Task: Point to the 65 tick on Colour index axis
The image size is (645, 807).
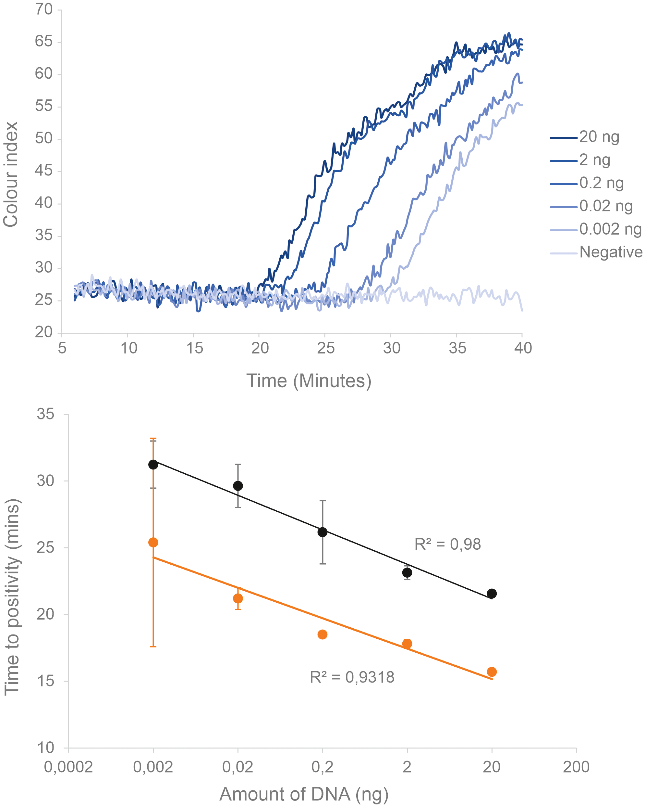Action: pyautogui.click(x=44, y=41)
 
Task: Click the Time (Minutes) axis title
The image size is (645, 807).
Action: pyautogui.click(x=309, y=381)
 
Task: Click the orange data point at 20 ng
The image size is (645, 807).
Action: pyautogui.click(x=491, y=672)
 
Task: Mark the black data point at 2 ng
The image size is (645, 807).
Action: pyautogui.click(x=407, y=572)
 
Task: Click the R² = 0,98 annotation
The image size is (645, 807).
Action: pyautogui.click(x=447, y=544)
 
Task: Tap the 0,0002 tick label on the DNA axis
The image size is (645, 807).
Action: pyautogui.click(x=68, y=767)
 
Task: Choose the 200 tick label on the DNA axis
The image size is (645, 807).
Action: pyautogui.click(x=576, y=767)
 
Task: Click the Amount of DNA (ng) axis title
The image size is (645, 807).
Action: pyautogui.click(x=304, y=794)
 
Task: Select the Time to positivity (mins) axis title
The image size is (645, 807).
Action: pyautogui.click(x=12, y=597)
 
